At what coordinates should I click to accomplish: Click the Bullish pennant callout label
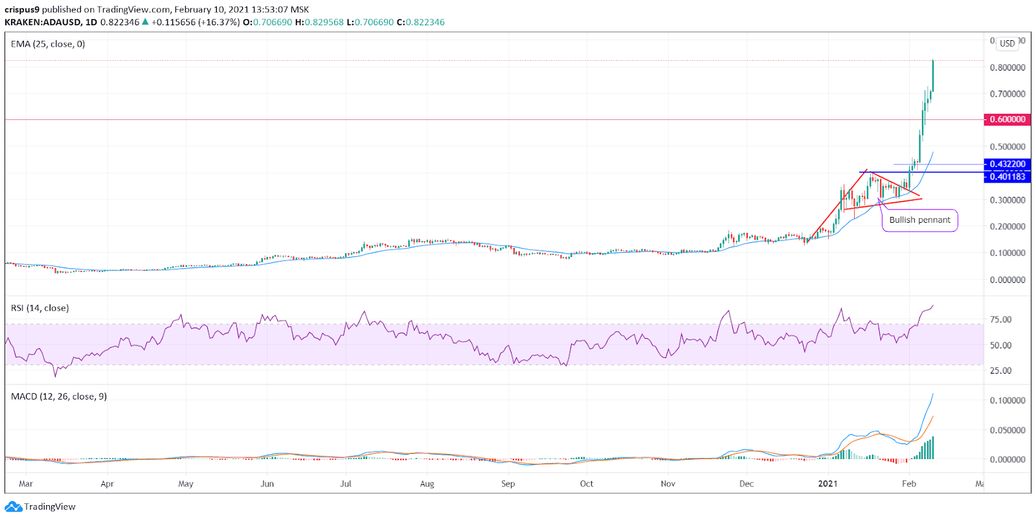click(919, 220)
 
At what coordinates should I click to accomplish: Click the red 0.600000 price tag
click(1007, 120)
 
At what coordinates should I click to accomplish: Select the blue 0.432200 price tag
click(1007, 164)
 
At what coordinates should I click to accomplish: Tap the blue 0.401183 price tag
click(1007, 177)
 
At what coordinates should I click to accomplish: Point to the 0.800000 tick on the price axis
click(1007, 67)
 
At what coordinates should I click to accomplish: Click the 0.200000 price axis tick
click(1007, 227)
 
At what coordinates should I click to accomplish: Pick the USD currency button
click(1007, 43)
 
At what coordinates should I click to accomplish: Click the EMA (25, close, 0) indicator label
click(48, 44)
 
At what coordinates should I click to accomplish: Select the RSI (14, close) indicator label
click(39, 308)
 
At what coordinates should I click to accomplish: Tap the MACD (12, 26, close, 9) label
click(59, 396)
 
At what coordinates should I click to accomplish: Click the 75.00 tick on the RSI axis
click(1000, 319)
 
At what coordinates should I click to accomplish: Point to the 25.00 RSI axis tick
click(1000, 370)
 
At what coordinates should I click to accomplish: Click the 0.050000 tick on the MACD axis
click(1007, 430)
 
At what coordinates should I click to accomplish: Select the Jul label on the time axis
click(346, 484)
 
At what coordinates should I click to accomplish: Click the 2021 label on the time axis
click(828, 484)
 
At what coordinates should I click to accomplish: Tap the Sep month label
click(508, 484)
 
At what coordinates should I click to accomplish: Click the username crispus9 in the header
click(22, 10)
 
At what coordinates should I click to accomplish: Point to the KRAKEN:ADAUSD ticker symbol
click(43, 22)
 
